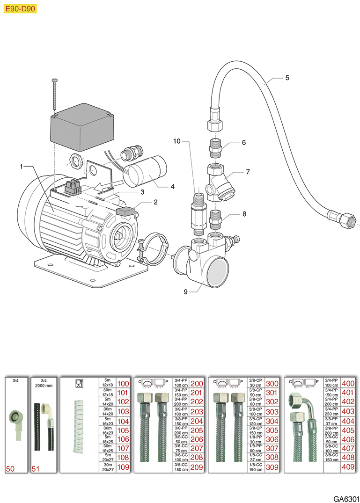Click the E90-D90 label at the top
[x=19, y=8]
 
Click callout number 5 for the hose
[x=287, y=78]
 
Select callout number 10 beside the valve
[x=176, y=140]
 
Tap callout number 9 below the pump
[x=186, y=292]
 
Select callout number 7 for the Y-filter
[x=248, y=172]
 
